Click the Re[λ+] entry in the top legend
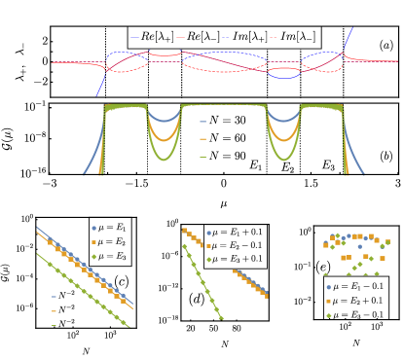coord(156,37)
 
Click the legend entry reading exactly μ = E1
coord(112,227)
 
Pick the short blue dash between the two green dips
coord(202,122)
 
